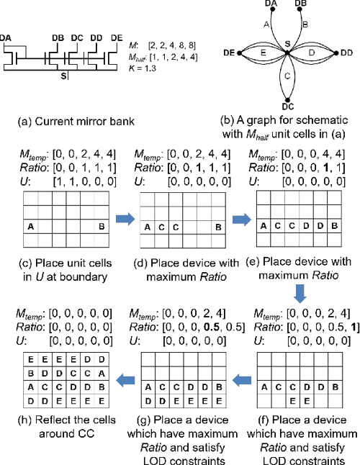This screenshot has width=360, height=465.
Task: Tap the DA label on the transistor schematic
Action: tap(7, 37)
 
